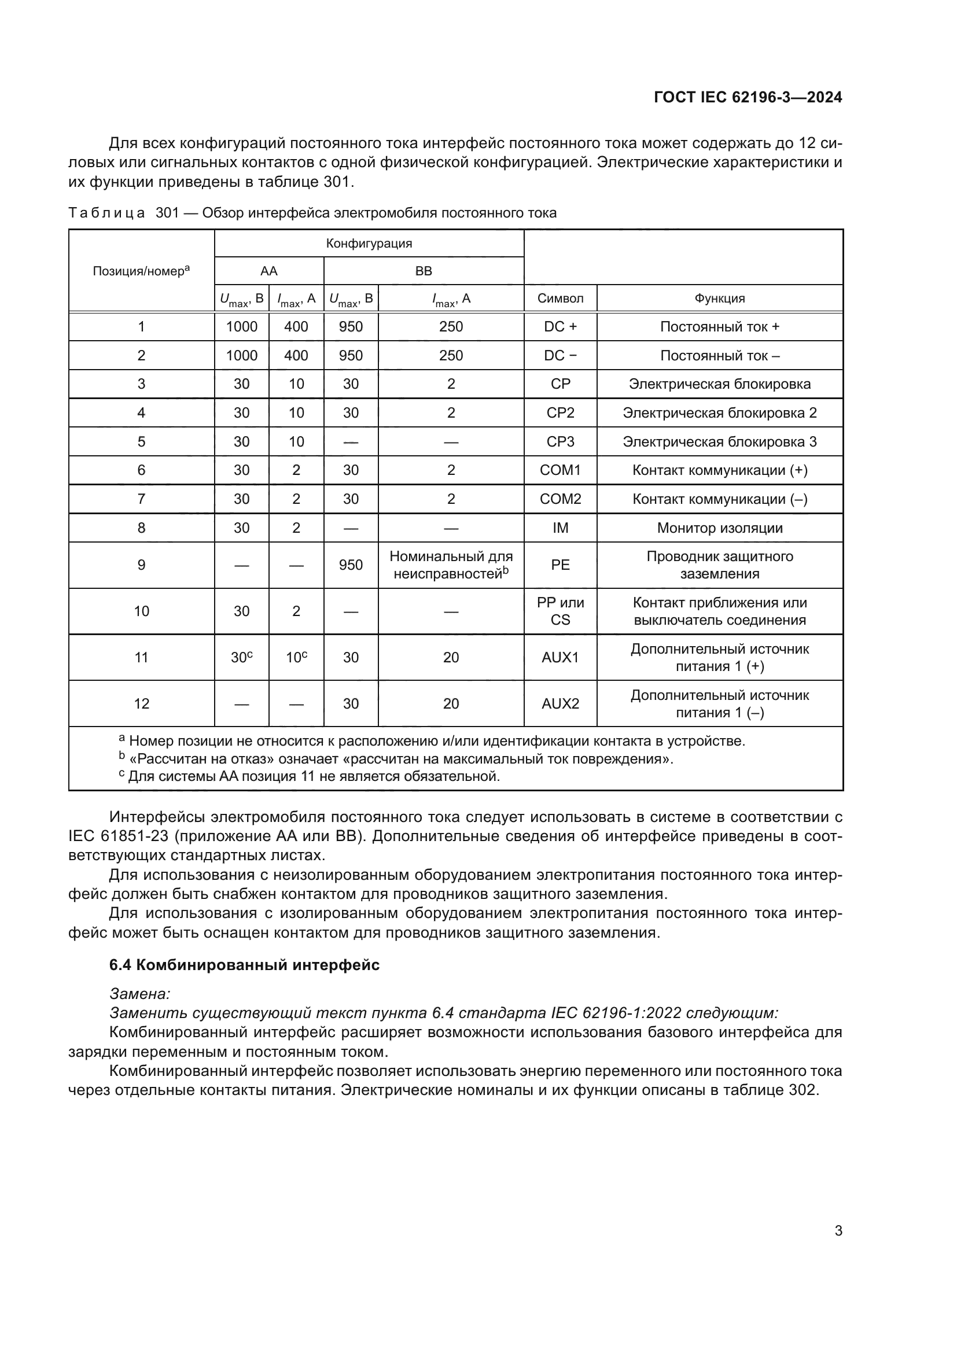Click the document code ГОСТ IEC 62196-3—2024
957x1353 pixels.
(x=747, y=97)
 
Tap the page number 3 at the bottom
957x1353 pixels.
(x=838, y=1230)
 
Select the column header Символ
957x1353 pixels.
(x=560, y=298)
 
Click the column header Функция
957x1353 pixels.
(x=719, y=298)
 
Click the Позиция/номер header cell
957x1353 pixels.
(x=141, y=271)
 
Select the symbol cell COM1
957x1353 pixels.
(x=560, y=470)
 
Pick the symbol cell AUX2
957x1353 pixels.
(x=560, y=703)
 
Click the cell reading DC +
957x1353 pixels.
(x=560, y=327)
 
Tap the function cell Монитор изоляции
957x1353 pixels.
(x=719, y=528)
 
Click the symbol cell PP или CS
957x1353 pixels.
(x=560, y=611)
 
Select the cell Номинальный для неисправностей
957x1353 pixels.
(x=451, y=565)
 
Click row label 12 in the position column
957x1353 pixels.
(x=141, y=703)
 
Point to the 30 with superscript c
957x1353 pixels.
(x=242, y=658)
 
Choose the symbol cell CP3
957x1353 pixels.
(x=560, y=442)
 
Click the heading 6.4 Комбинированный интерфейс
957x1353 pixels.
(x=244, y=965)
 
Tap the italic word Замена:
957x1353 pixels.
(x=139, y=994)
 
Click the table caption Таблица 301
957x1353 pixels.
(x=312, y=213)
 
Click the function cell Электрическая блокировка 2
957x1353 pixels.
(x=719, y=413)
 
